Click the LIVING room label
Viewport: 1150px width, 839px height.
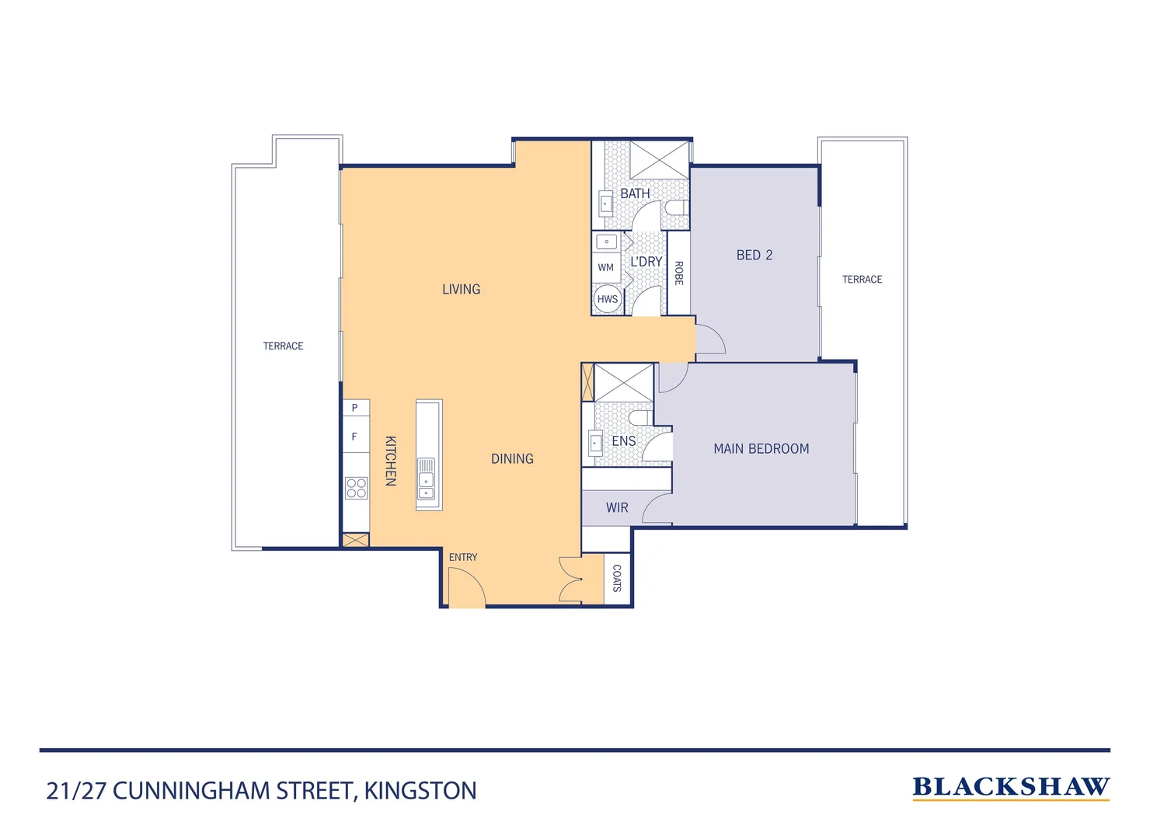(461, 289)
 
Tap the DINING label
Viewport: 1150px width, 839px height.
(512, 458)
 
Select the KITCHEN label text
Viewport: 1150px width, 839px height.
(391, 461)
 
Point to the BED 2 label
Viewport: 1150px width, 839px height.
(754, 255)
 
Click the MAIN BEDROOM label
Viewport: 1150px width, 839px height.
(761, 448)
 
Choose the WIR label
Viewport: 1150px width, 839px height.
(617, 507)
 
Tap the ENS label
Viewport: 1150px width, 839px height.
(623, 440)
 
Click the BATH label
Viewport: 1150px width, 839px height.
(635, 193)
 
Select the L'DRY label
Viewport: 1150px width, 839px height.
(646, 262)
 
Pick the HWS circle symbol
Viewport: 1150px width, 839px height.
(607, 299)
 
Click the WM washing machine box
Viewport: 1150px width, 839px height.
(606, 267)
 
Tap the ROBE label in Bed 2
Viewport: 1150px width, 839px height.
(678, 273)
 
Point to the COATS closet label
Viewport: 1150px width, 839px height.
(617, 579)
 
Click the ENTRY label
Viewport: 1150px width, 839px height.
(463, 557)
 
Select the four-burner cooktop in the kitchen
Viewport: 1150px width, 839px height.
(356, 488)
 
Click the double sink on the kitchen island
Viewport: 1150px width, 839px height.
(427, 480)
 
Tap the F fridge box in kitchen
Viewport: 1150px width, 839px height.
(355, 437)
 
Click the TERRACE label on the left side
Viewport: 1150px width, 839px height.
(283, 346)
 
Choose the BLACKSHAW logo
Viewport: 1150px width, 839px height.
(1010, 787)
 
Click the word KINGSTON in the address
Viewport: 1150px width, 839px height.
(420, 791)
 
